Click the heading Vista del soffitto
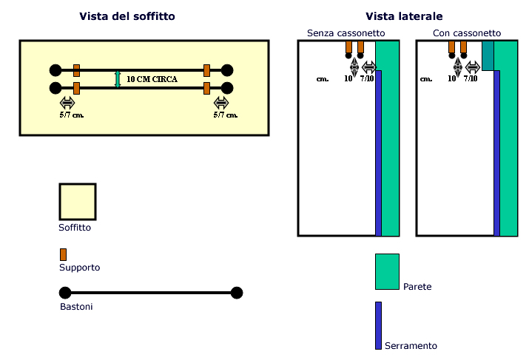(x=127, y=16)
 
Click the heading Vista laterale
(x=404, y=16)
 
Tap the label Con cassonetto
(x=466, y=33)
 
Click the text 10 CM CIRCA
(x=152, y=78)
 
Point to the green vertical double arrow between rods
(x=118, y=79)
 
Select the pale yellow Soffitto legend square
(x=77, y=202)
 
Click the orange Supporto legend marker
(x=64, y=254)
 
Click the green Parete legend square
(x=387, y=271)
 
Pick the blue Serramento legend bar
(x=378, y=325)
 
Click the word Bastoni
(x=76, y=306)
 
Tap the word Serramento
(x=411, y=346)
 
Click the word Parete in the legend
(x=418, y=286)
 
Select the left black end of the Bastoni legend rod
(x=64, y=293)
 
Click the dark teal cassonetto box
(x=488, y=55)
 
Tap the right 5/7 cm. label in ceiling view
(x=226, y=115)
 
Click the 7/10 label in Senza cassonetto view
(x=368, y=78)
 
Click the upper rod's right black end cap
(x=227, y=70)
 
